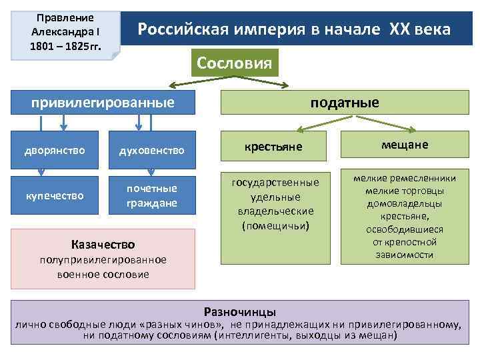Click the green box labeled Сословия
pos(234,63)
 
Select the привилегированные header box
pos(107,103)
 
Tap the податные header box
pos(344,103)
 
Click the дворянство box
pos(56,151)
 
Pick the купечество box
pos(56,195)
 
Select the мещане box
pos(405,145)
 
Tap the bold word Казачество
pos(103,245)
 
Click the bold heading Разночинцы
pos(240,311)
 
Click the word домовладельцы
pos(405,203)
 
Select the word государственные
pos(275,182)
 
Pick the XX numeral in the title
pos(397,30)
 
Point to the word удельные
pos(275,197)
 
